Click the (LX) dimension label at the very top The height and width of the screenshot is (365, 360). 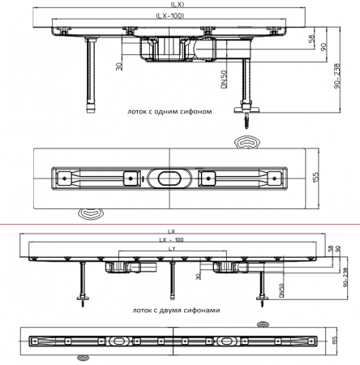178,4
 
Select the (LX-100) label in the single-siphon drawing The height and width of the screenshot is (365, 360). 170,15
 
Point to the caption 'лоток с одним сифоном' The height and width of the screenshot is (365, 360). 169,111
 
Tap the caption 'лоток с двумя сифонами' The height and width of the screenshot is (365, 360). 176,310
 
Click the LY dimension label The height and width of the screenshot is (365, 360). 172,249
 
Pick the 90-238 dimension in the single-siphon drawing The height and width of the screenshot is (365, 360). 337,75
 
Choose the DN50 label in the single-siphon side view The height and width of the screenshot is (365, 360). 224,79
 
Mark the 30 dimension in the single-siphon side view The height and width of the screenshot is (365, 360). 119,67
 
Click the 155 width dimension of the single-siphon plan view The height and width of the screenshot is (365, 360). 315,178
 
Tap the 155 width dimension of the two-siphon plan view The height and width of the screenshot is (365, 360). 334,340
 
